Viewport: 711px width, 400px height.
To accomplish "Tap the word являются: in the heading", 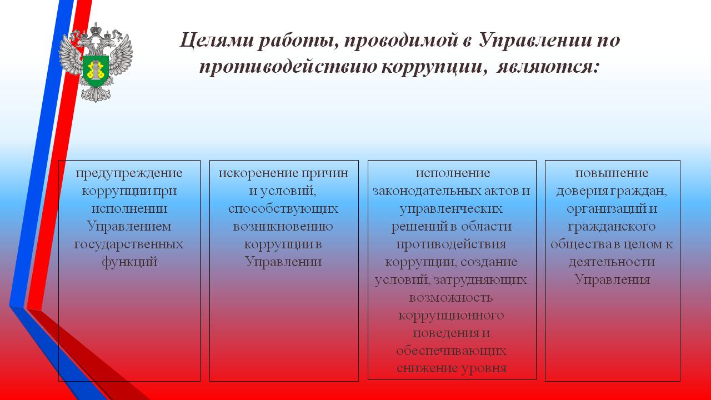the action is [548, 67].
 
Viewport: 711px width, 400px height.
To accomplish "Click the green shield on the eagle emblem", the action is [96, 71].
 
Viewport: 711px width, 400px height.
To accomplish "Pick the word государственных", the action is [128, 244].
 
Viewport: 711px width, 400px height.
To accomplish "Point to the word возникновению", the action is [283, 227].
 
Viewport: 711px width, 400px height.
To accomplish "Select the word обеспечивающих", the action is [451, 351].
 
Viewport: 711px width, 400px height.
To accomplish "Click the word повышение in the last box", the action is [612, 173].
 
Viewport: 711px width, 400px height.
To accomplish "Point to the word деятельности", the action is [612, 262].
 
